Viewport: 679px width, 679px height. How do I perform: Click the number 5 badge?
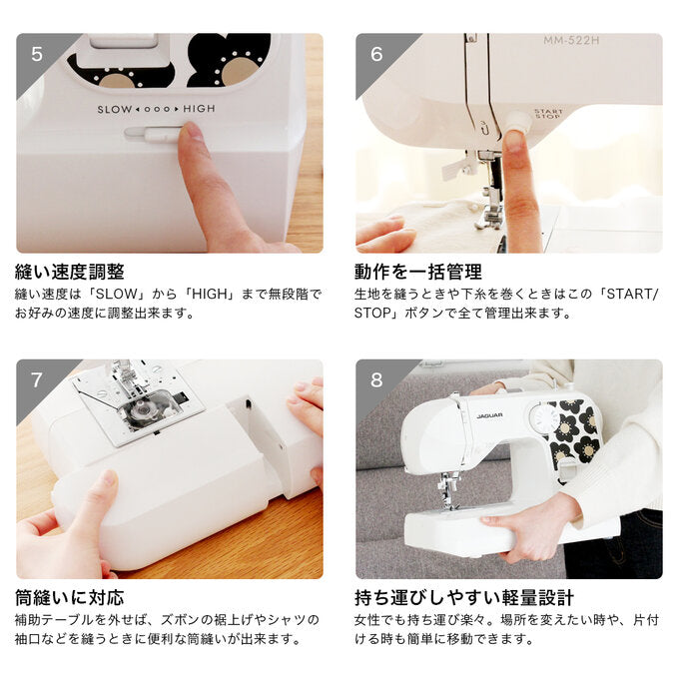pyautogui.click(x=37, y=54)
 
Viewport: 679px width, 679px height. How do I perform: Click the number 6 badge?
pyautogui.click(x=376, y=54)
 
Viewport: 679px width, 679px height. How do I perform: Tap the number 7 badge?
pyautogui.click(x=37, y=380)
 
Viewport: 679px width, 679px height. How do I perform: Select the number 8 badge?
pyautogui.click(x=376, y=380)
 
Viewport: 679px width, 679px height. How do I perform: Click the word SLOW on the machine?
pyautogui.click(x=115, y=110)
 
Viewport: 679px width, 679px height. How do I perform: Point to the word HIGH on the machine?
pyautogui.click(x=199, y=109)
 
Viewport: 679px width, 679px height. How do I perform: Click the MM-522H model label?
pyautogui.click(x=571, y=41)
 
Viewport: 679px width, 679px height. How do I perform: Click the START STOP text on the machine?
pyautogui.click(x=548, y=114)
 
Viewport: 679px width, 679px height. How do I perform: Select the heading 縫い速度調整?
pyautogui.click(x=70, y=272)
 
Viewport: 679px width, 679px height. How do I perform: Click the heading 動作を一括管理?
pyautogui.click(x=418, y=272)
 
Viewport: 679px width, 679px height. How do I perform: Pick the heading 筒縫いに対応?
pyautogui.click(x=70, y=598)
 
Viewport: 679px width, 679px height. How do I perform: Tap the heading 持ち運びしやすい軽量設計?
pyautogui.click(x=464, y=598)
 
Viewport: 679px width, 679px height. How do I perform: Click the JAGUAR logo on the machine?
pyautogui.click(x=489, y=415)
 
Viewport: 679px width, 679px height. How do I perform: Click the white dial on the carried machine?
pyautogui.click(x=544, y=419)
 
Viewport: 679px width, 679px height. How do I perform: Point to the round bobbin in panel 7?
pyautogui.click(x=142, y=408)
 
